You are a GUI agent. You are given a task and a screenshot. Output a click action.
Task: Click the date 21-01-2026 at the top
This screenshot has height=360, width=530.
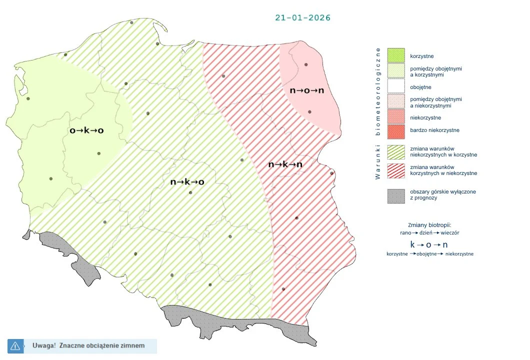pos(302,17)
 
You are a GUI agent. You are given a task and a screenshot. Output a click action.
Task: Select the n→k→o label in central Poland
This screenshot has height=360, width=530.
pos(187,182)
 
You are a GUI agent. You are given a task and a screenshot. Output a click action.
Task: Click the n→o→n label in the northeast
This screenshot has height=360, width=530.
pos(307,90)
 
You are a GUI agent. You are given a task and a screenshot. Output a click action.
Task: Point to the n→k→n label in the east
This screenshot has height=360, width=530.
pos(285,164)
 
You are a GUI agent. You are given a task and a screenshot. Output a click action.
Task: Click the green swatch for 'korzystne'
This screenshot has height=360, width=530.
pos(396,55)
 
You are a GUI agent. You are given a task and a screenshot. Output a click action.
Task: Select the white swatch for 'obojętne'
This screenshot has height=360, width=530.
pos(396,87)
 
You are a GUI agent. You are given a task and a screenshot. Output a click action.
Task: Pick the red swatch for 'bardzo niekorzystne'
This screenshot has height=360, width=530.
pos(396,130)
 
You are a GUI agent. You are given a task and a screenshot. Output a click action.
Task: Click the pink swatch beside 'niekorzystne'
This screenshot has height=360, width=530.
pos(396,118)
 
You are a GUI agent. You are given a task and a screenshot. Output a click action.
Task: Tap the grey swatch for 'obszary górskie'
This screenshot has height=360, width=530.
pos(396,195)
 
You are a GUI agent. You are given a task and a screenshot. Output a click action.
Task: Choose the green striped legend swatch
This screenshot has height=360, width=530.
pos(396,151)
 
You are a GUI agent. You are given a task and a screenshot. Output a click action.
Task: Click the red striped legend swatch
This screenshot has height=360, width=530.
pos(396,170)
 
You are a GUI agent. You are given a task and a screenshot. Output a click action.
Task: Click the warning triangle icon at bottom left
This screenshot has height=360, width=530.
pos(15,345)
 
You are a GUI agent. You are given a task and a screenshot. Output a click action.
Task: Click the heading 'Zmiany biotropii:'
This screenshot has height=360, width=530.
pos(429,224)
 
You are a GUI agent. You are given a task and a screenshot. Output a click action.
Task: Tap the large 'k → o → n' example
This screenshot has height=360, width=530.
pos(428,244)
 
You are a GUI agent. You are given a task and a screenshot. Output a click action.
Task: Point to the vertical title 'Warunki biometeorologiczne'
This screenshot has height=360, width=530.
pos(378,113)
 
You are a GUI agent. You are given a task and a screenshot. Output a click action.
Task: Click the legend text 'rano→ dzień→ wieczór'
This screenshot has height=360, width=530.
pos(429,233)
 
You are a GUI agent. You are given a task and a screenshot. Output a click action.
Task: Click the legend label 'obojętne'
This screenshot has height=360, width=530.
pos(420,87)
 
